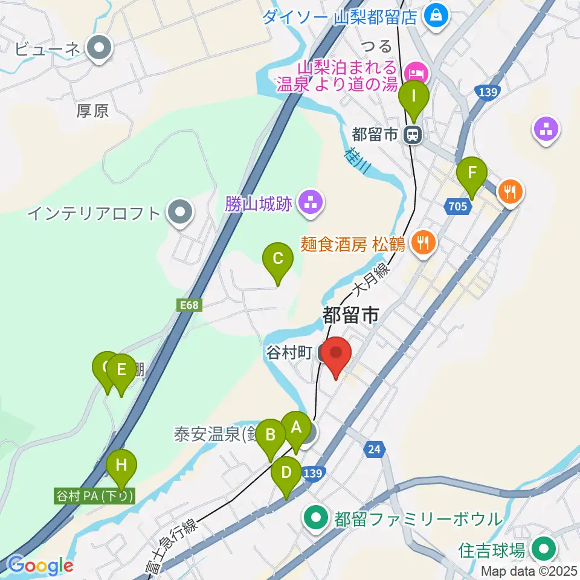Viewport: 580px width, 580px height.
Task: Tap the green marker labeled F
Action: tap(472, 173)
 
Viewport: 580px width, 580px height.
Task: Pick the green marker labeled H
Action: tap(121, 465)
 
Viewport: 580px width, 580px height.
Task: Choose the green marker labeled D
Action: tap(286, 473)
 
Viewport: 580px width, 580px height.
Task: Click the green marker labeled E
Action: tap(121, 369)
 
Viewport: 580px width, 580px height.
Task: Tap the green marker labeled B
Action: tap(270, 435)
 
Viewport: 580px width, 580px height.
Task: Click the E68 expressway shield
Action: tap(189, 306)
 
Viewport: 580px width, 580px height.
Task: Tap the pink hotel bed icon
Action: tap(417, 74)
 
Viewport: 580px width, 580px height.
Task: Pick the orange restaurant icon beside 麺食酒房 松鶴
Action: tap(420, 243)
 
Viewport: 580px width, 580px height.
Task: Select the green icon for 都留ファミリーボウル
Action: tap(315, 518)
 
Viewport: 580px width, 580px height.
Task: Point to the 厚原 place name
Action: tap(92, 111)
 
